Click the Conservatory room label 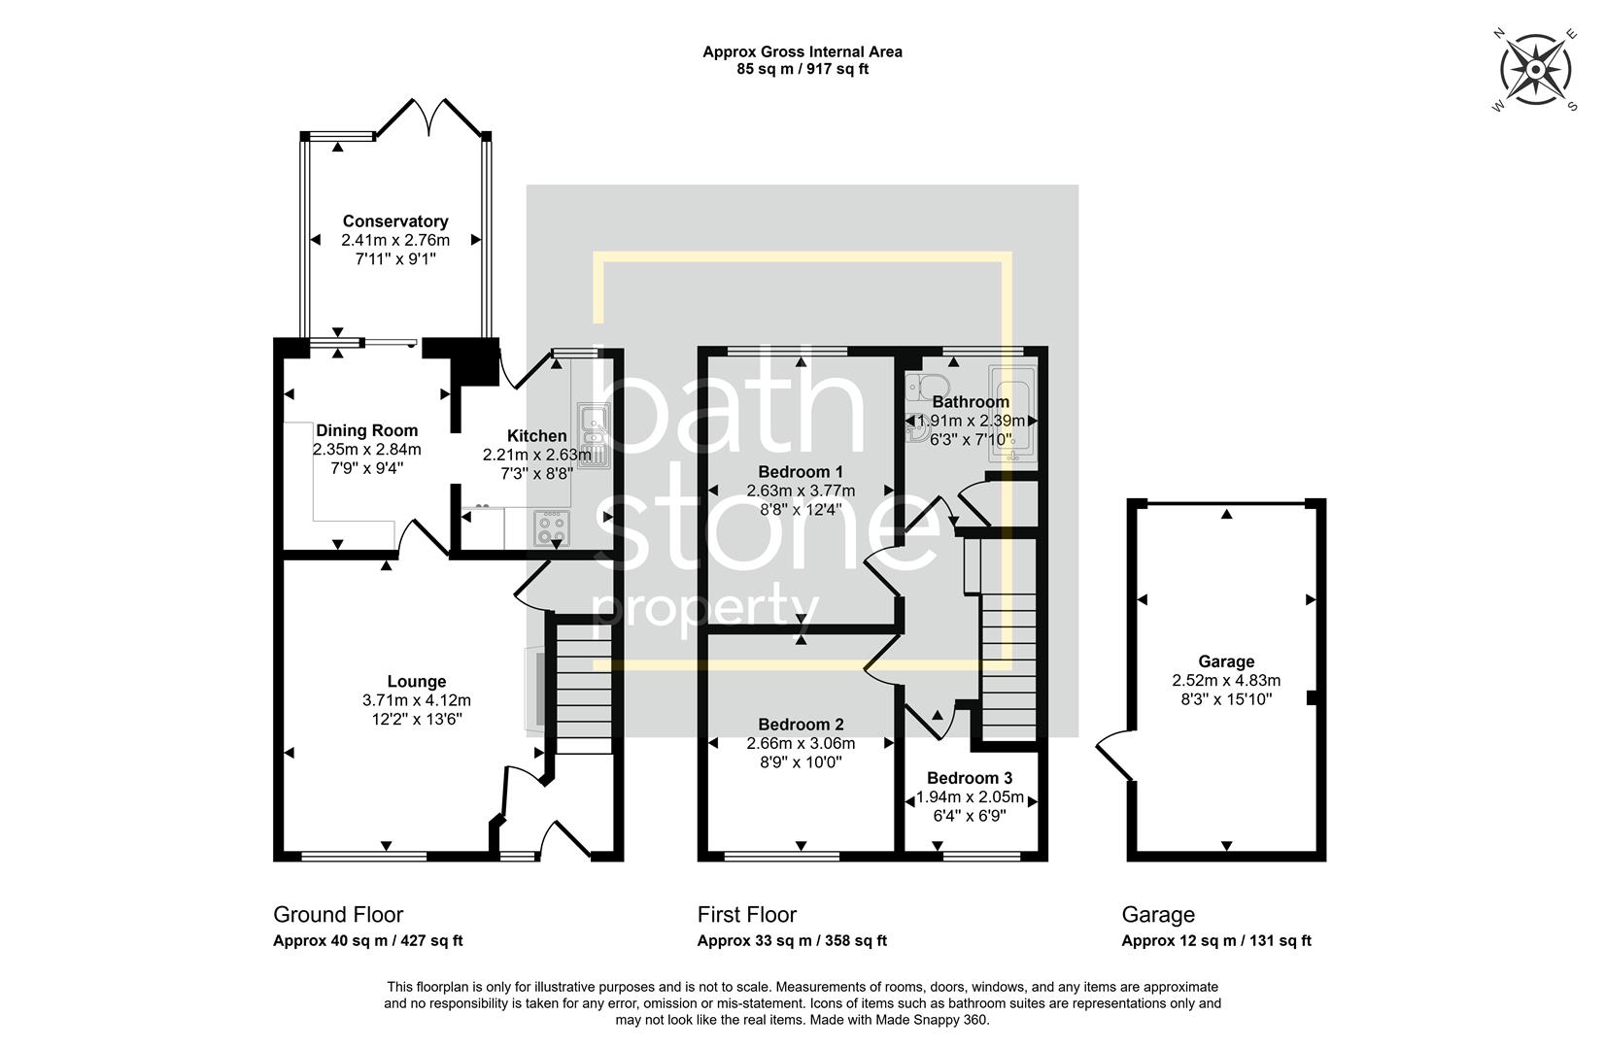click(394, 221)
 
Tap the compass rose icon click(1535, 70)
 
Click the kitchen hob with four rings click(552, 529)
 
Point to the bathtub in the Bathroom click(1013, 413)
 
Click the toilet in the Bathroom click(918, 388)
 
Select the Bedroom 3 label click(970, 778)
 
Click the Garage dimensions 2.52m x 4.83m click(1225, 680)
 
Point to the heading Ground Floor click(337, 914)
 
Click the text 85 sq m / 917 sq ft click(802, 69)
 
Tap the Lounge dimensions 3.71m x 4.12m click(416, 700)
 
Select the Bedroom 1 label click(800, 472)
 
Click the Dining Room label click(366, 430)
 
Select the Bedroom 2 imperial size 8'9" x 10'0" click(801, 762)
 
